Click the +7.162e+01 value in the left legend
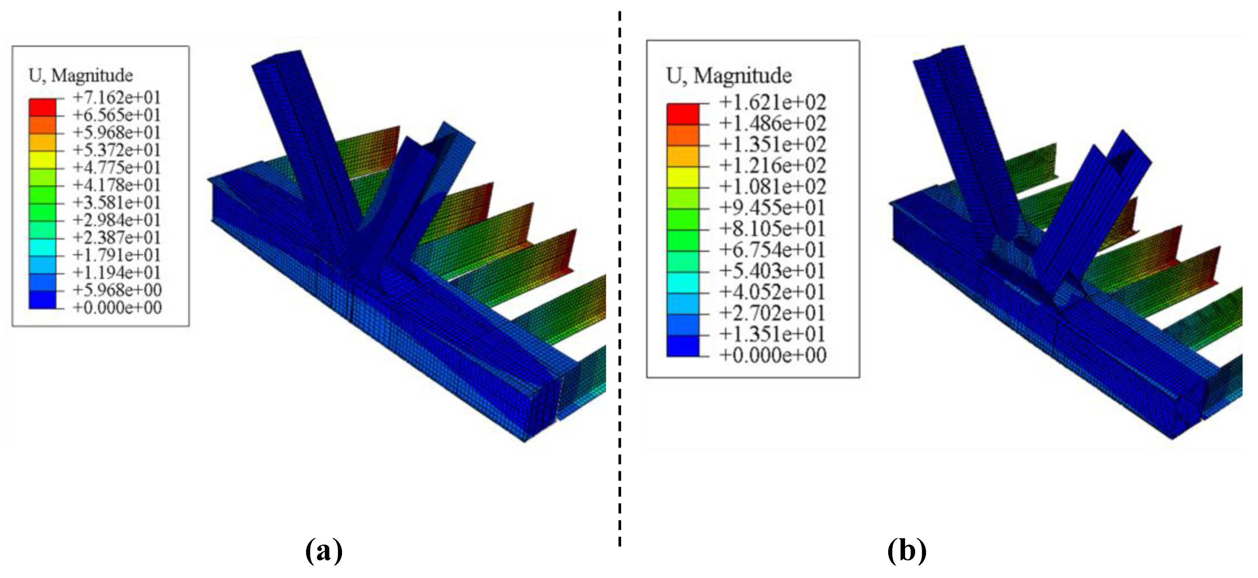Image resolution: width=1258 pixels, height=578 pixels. click(117, 98)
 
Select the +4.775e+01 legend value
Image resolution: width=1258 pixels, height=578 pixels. click(117, 167)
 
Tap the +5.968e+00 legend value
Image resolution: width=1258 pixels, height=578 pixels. click(117, 290)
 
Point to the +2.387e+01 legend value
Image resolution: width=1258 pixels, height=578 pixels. click(117, 238)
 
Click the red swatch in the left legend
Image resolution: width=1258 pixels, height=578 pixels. click(42, 107)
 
